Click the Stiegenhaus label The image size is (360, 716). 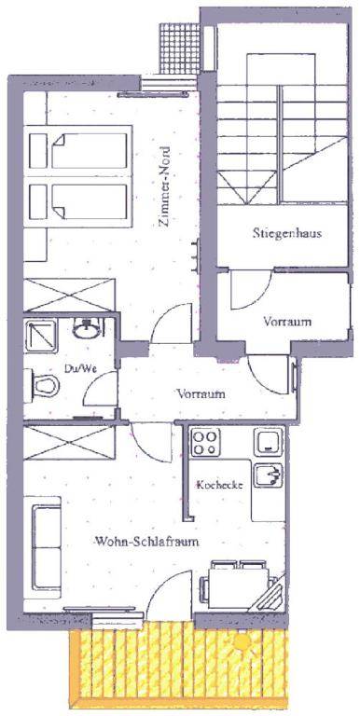287,233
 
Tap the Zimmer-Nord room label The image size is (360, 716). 163,186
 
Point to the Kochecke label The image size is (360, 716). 219,485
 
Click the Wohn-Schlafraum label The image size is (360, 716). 146,542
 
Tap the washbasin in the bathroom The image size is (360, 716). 87,328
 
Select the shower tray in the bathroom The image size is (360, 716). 41,336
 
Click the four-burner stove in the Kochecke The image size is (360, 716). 204,442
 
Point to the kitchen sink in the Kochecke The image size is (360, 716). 269,475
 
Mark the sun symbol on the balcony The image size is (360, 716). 242,643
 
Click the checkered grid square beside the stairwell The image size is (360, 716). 180,48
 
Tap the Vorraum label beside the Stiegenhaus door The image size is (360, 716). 287,322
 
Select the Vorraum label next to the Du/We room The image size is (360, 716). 201,393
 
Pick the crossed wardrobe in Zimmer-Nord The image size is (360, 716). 69,295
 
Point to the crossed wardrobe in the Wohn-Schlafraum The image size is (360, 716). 69,443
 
